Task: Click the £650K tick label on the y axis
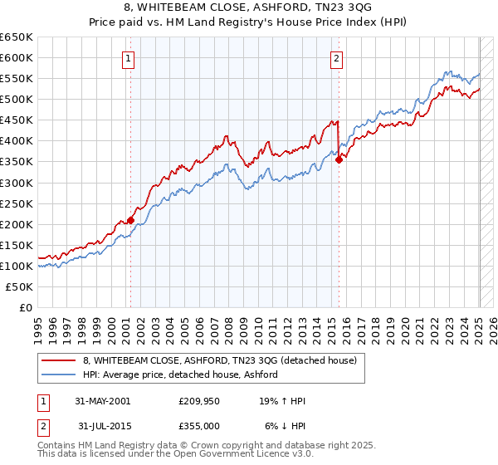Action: coord(17,37)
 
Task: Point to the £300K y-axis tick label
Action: coord(17,183)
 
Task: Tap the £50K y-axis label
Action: coord(20,286)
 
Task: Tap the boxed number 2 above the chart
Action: coord(336,58)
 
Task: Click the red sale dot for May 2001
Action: coord(131,220)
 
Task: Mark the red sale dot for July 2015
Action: coord(339,160)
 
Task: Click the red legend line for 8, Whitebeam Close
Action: coord(59,360)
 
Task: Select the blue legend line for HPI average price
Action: coord(59,374)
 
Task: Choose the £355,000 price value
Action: coord(198,426)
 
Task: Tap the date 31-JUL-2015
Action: coord(102,426)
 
